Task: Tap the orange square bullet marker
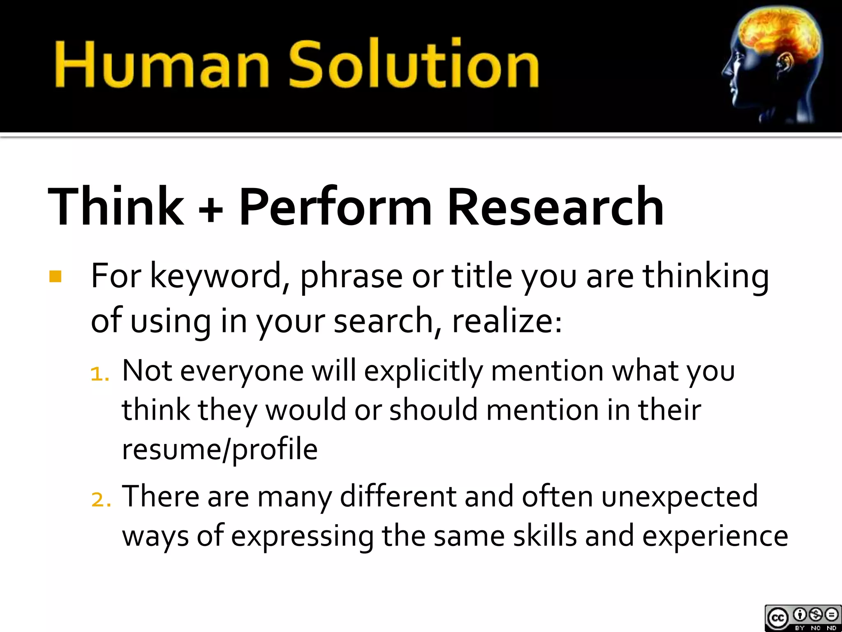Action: pyautogui.click(x=55, y=276)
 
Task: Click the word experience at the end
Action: pyautogui.click(x=715, y=537)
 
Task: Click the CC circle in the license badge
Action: pyautogui.click(x=777, y=618)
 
